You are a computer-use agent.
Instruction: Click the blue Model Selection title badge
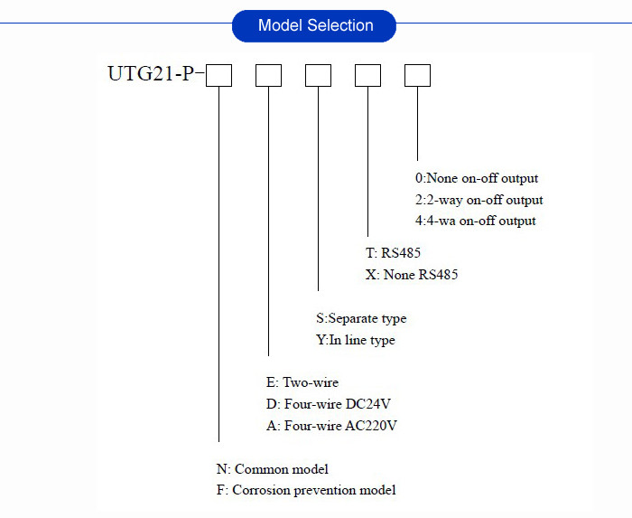(314, 25)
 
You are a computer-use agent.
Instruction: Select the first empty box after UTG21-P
(219, 75)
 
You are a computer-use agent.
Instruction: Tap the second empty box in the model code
(269, 75)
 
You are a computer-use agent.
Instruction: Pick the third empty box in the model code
(319, 75)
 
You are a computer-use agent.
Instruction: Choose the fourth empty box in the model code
(367, 75)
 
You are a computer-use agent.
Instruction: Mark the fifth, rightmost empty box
(417, 75)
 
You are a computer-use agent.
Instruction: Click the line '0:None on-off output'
(476, 179)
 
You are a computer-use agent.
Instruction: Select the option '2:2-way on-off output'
(479, 200)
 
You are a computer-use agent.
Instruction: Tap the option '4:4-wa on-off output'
(475, 221)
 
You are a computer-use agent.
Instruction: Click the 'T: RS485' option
(394, 253)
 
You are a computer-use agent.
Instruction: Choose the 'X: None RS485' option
(412, 275)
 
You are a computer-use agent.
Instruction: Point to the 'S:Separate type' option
(361, 318)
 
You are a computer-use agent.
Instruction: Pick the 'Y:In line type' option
(356, 340)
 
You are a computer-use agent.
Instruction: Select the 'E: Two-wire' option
(299, 382)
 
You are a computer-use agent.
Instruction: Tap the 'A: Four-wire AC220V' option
(328, 426)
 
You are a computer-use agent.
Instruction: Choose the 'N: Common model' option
(272, 469)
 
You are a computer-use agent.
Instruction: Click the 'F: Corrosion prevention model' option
(306, 491)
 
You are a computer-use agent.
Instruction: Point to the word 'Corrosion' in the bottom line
(261, 491)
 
